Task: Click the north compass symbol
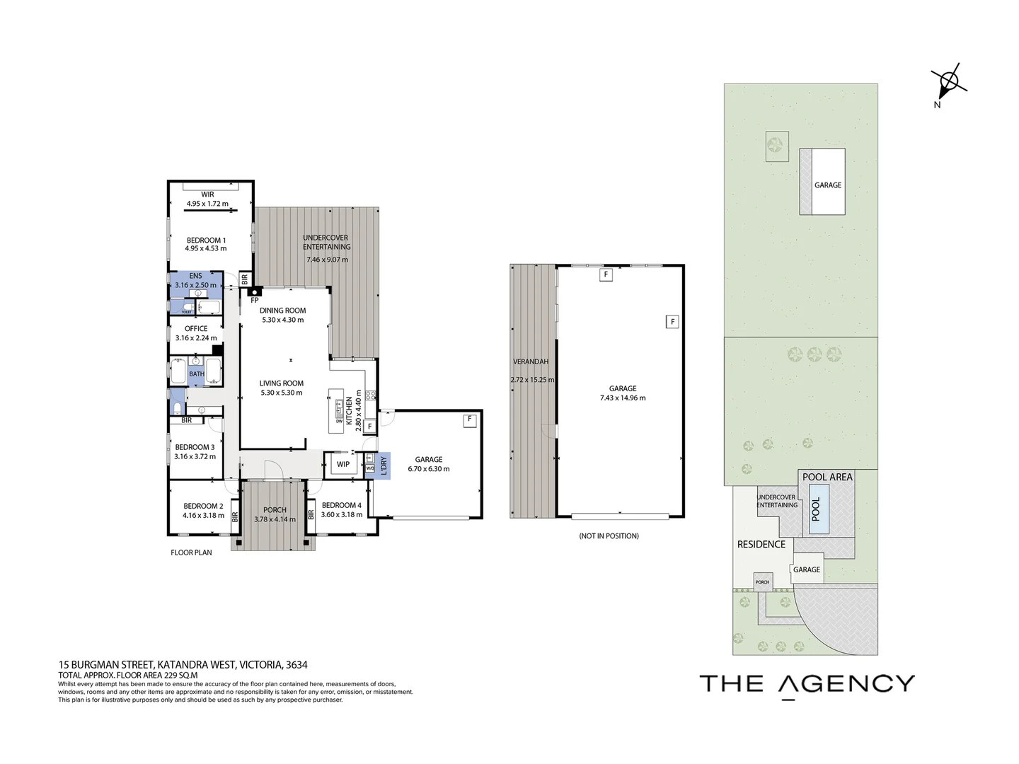coord(948,83)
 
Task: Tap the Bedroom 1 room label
coord(206,240)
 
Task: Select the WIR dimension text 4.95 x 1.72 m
coord(207,204)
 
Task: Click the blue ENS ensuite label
coord(195,276)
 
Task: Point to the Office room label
coord(196,328)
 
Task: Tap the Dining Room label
coord(282,311)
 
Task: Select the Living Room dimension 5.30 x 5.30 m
coord(281,393)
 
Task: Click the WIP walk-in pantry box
coord(343,465)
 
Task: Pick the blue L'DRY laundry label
coord(383,465)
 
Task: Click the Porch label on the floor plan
coord(275,510)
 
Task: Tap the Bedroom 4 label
coord(341,505)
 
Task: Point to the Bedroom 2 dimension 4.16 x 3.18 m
coord(204,515)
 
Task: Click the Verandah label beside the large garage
coord(531,361)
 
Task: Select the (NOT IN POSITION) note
coord(608,536)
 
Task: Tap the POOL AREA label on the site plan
coord(827,477)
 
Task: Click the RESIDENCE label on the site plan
coord(761,544)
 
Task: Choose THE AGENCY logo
coord(807,684)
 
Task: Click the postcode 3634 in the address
coord(296,665)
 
